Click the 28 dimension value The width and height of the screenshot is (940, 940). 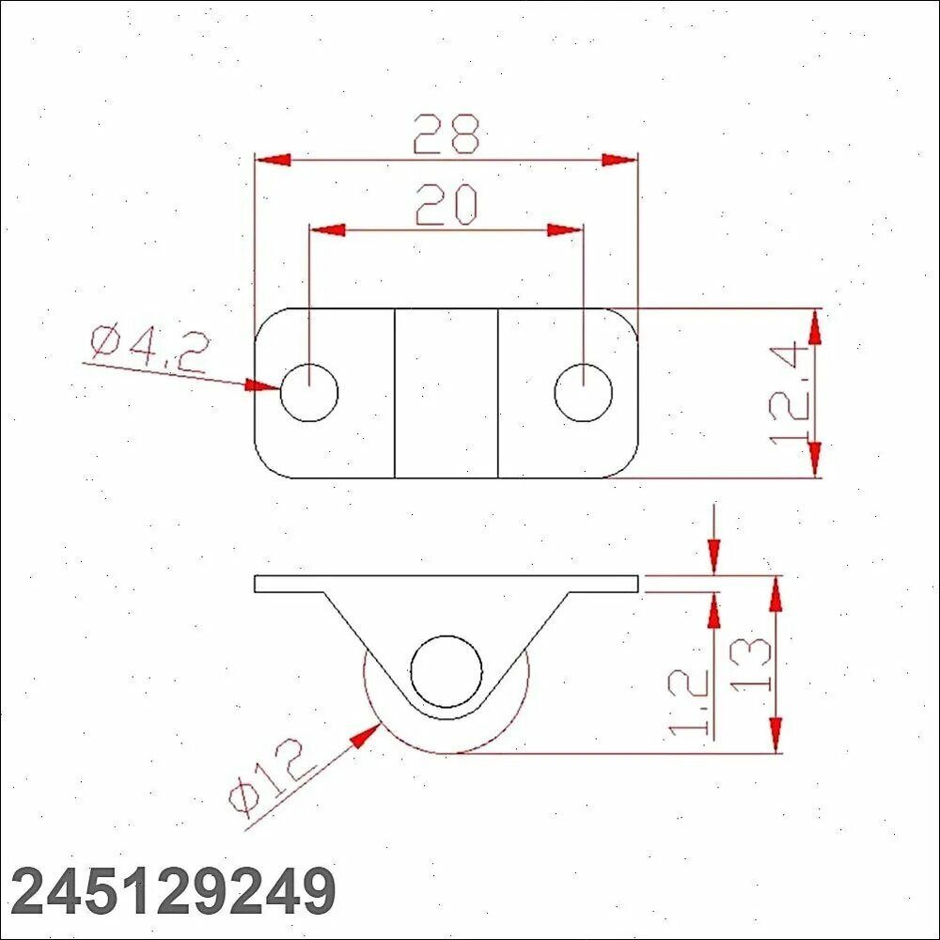click(446, 133)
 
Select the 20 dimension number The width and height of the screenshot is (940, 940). click(446, 204)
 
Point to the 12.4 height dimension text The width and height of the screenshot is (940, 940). click(791, 392)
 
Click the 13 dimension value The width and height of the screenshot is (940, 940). click(750, 665)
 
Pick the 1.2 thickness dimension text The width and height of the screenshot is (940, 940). click(688, 702)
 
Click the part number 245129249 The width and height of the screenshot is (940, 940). click(173, 891)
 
